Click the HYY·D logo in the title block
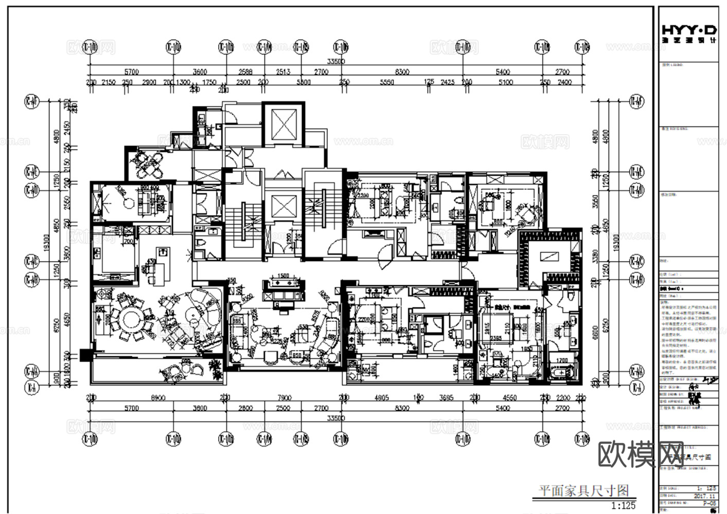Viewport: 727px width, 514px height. pyautogui.click(x=688, y=32)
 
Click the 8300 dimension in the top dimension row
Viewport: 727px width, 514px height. pyautogui.click(x=402, y=72)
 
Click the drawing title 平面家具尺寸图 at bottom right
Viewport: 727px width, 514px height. pyautogui.click(x=583, y=491)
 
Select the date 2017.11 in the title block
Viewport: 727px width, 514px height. pyautogui.click(x=703, y=496)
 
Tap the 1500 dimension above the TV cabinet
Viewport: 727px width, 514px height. pyautogui.click(x=283, y=276)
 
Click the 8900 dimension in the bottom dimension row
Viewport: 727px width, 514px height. pyautogui.click(x=158, y=397)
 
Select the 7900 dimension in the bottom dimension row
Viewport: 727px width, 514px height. pyautogui.click(x=284, y=397)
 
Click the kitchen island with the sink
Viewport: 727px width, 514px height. pyautogui.click(x=162, y=266)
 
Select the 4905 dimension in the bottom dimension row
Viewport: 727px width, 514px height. pyautogui.click(x=382, y=397)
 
